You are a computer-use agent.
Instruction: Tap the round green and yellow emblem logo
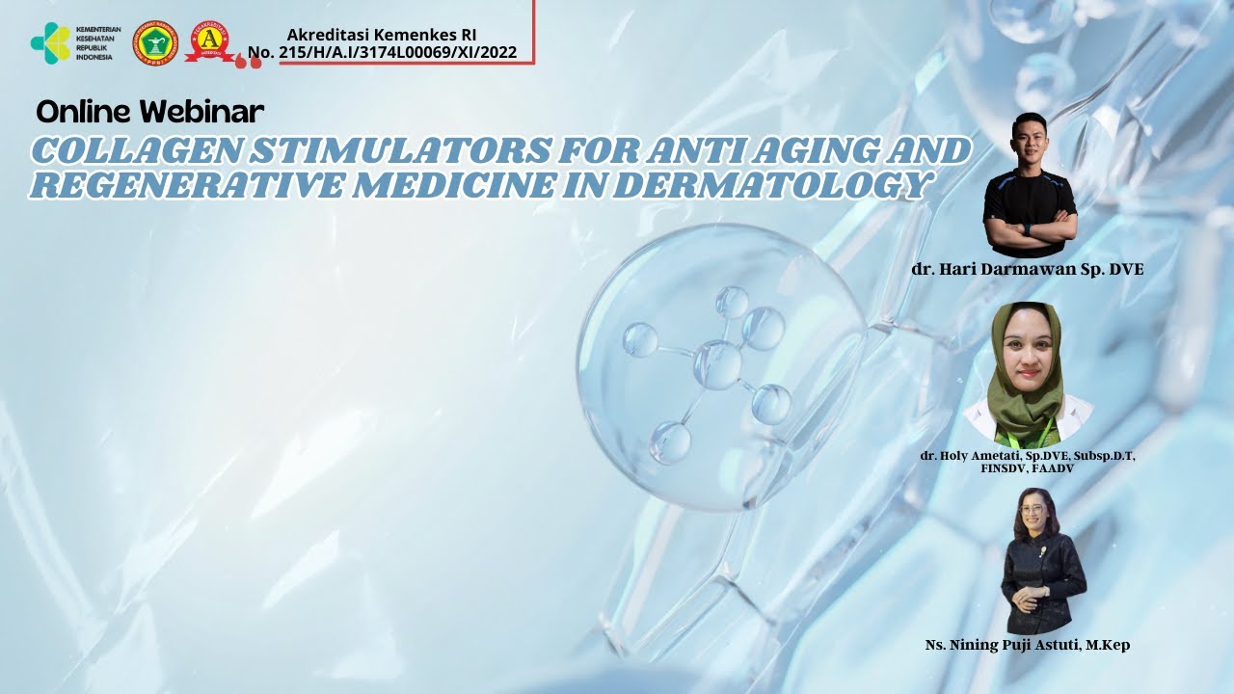(x=154, y=42)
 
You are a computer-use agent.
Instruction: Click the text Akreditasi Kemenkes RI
(x=382, y=35)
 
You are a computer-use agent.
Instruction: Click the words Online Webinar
(x=149, y=112)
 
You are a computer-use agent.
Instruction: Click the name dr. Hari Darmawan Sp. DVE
(x=1028, y=270)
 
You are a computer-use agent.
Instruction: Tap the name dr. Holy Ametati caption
(x=1028, y=455)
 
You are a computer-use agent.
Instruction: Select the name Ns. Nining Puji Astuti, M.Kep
(x=1028, y=645)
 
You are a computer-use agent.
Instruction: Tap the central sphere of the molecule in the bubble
(x=717, y=365)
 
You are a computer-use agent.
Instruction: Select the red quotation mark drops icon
(x=248, y=61)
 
